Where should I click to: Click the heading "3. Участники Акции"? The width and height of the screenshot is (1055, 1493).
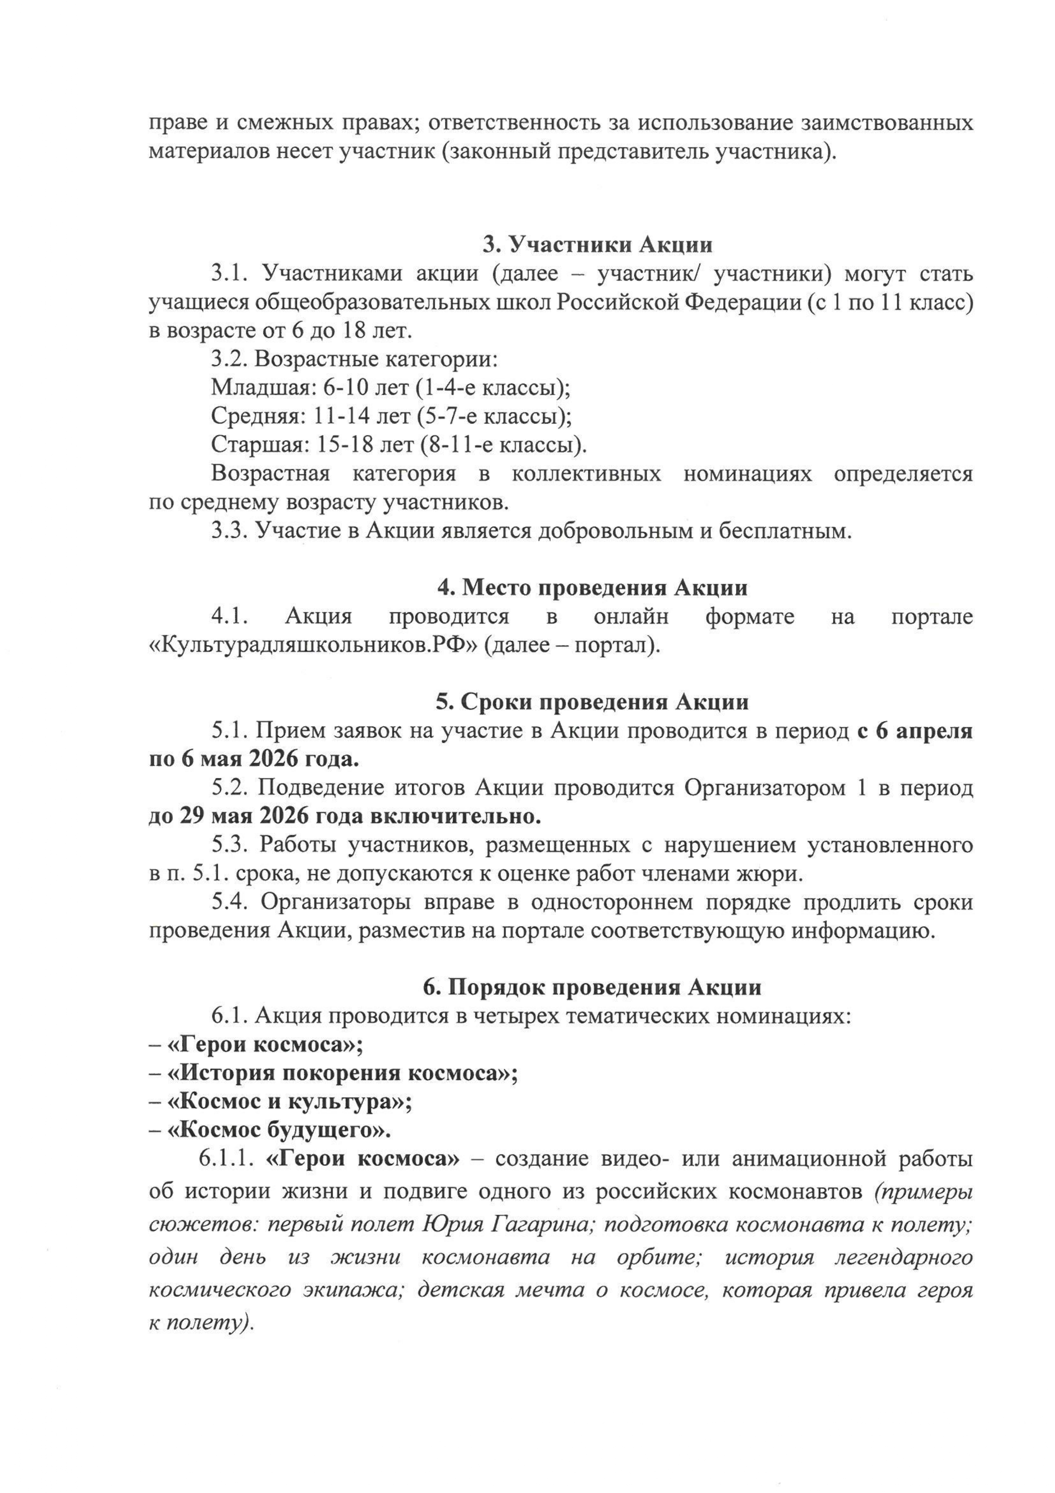pos(597,245)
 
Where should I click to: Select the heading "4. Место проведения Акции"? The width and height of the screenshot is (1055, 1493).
pos(592,588)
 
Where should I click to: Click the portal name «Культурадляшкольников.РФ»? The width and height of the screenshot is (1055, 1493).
pos(314,646)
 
